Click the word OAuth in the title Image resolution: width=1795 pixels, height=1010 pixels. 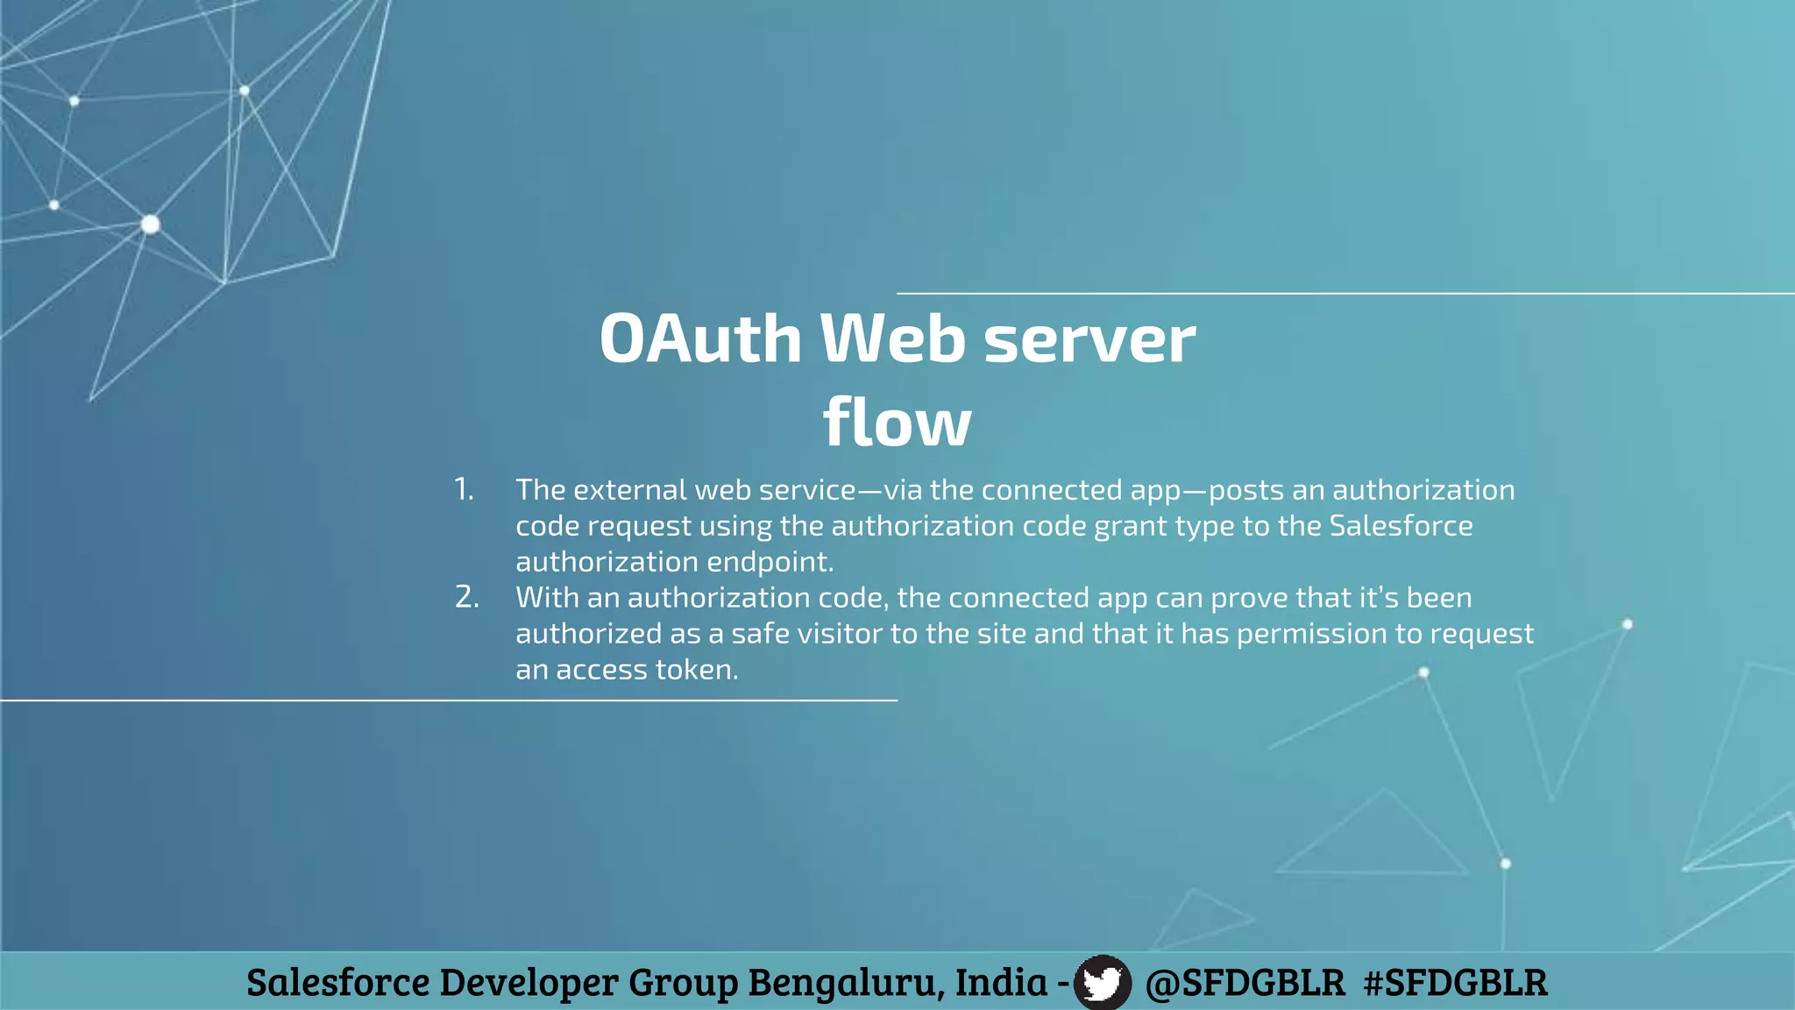(x=700, y=338)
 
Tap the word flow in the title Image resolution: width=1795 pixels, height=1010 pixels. (x=897, y=422)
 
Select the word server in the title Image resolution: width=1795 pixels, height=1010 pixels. (x=1089, y=338)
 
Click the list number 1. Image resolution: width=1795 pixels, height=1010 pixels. (x=464, y=489)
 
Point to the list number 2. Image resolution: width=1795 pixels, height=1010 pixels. (x=466, y=597)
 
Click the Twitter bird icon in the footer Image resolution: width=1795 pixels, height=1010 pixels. (x=1102, y=982)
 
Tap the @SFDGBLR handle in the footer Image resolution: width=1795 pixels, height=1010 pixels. (x=1245, y=982)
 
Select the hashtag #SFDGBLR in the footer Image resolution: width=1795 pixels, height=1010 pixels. (x=1455, y=982)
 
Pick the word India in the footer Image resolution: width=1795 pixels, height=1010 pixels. (x=1000, y=982)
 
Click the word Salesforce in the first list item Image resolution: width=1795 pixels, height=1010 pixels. (x=1401, y=526)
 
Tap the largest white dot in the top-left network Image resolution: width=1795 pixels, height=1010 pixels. (x=151, y=224)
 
